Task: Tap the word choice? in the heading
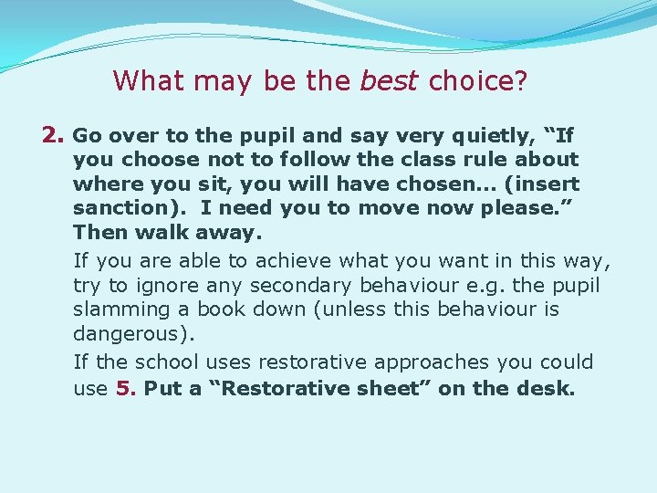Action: [x=478, y=81]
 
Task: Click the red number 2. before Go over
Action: [x=54, y=136]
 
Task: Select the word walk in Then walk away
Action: [x=148, y=233]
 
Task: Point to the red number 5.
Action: [x=126, y=388]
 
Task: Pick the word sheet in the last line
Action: [x=395, y=388]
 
